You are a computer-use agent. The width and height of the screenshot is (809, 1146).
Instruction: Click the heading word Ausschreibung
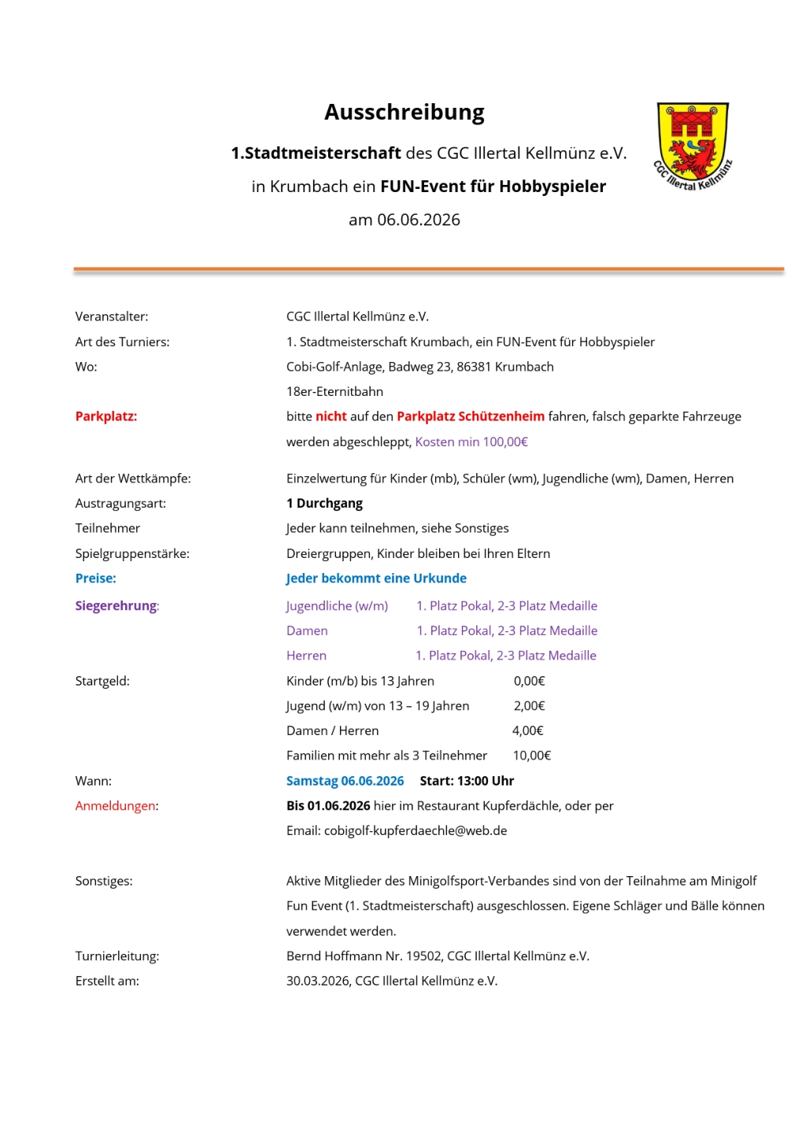(404, 113)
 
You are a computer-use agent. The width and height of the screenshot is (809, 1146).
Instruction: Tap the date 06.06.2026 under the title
(418, 220)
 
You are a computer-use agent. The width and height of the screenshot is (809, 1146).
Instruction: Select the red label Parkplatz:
(106, 416)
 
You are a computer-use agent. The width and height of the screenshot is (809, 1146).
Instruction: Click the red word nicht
(331, 416)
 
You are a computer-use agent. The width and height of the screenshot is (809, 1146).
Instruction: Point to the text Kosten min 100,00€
(471, 442)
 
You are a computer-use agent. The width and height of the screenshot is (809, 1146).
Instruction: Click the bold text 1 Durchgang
(324, 503)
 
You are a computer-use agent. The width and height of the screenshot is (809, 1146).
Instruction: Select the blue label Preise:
(96, 579)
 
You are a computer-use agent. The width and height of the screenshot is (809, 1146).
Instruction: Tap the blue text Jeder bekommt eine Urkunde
(376, 579)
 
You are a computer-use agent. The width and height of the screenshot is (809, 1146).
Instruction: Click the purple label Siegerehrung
(116, 606)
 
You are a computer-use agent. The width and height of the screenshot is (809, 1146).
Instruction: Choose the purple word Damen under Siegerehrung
(307, 630)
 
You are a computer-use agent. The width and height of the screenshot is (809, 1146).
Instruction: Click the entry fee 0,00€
(529, 681)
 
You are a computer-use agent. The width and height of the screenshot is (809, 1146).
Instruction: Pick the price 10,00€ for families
(532, 756)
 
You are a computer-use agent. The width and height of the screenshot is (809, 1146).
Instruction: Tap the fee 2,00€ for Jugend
(529, 706)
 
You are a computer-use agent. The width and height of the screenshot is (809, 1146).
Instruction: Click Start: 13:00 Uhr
(467, 781)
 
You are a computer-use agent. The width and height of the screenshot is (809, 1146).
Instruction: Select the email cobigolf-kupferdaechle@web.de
(416, 830)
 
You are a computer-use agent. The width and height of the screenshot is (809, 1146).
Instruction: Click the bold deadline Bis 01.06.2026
(328, 806)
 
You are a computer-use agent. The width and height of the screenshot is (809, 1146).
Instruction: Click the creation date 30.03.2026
(317, 981)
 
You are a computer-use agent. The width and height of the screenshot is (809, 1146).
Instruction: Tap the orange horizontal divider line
(429, 269)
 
